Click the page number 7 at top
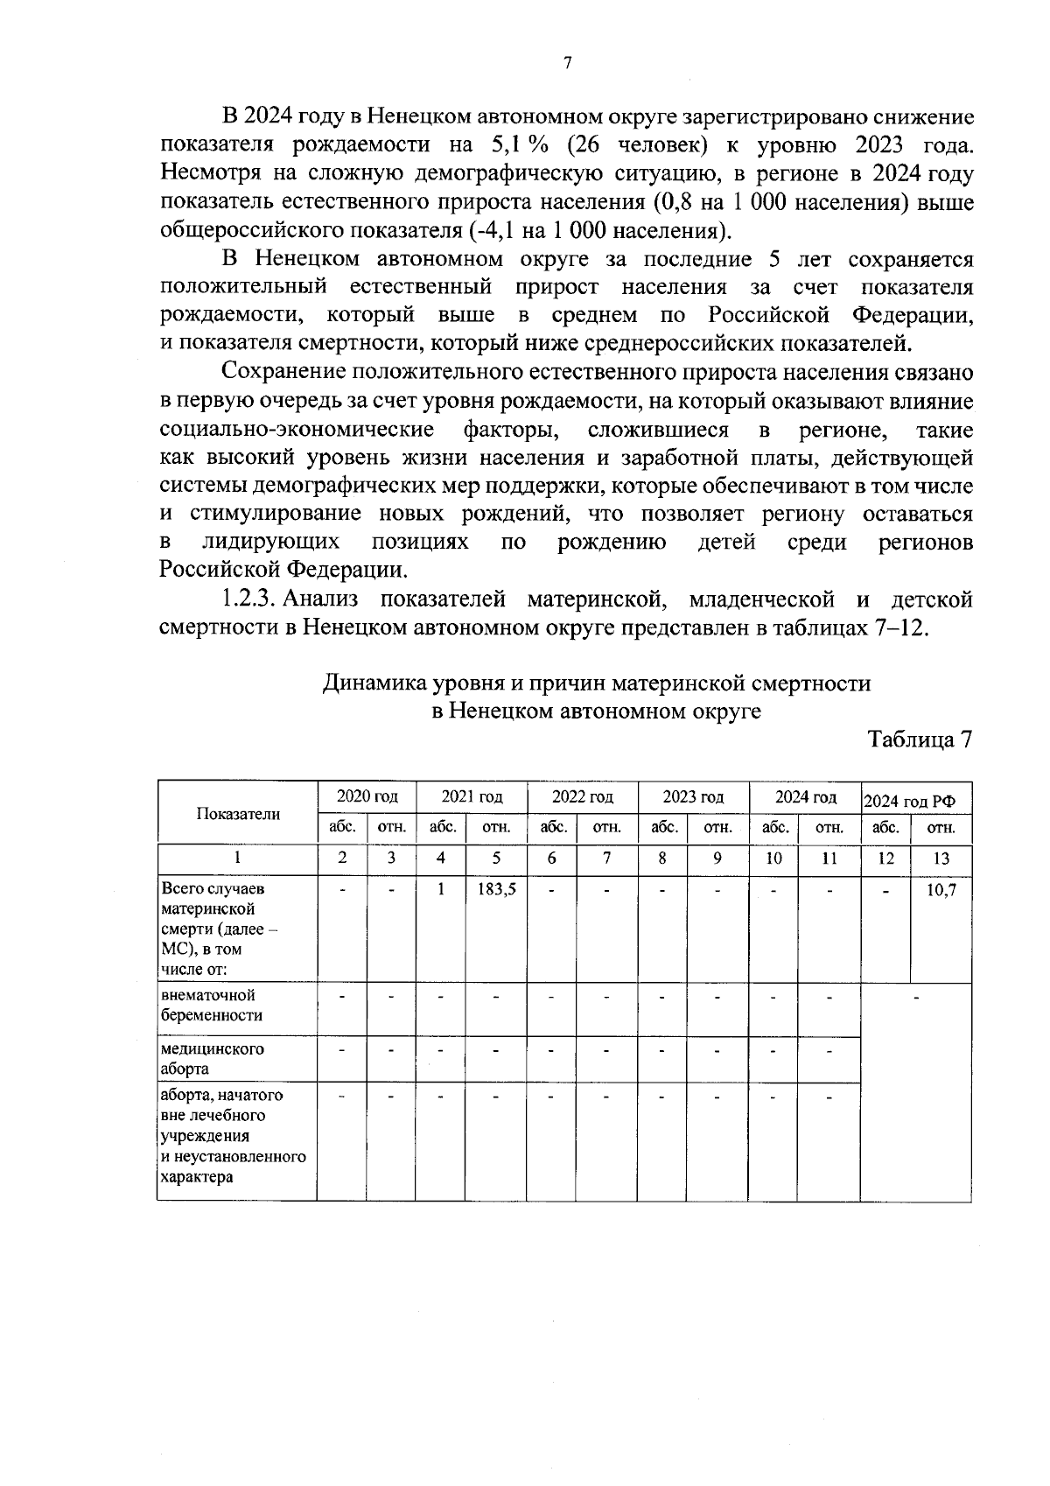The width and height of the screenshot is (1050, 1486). pyautogui.click(x=567, y=63)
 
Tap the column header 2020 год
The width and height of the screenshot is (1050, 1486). pyautogui.click(x=367, y=796)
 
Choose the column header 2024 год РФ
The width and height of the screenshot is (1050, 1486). pyautogui.click(x=915, y=800)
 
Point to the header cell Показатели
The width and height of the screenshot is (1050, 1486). pyautogui.click(x=238, y=814)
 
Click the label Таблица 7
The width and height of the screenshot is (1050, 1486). pyautogui.click(x=920, y=739)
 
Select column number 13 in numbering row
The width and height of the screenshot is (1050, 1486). pyautogui.click(x=941, y=859)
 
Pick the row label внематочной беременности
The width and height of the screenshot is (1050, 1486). pyautogui.click(x=212, y=1006)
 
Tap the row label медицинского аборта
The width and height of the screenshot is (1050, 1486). pyautogui.click(x=212, y=1059)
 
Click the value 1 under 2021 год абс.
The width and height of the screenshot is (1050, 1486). pyautogui.click(x=441, y=888)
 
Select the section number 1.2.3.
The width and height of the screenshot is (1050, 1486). pyautogui.click(x=248, y=599)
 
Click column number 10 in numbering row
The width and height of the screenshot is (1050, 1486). pyautogui.click(x=773, y=859)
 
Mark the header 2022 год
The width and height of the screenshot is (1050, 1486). pyautogui.click(x=582, y=796)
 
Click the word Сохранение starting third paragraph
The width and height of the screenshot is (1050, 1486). pyautogui.click(x=283, y=372)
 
